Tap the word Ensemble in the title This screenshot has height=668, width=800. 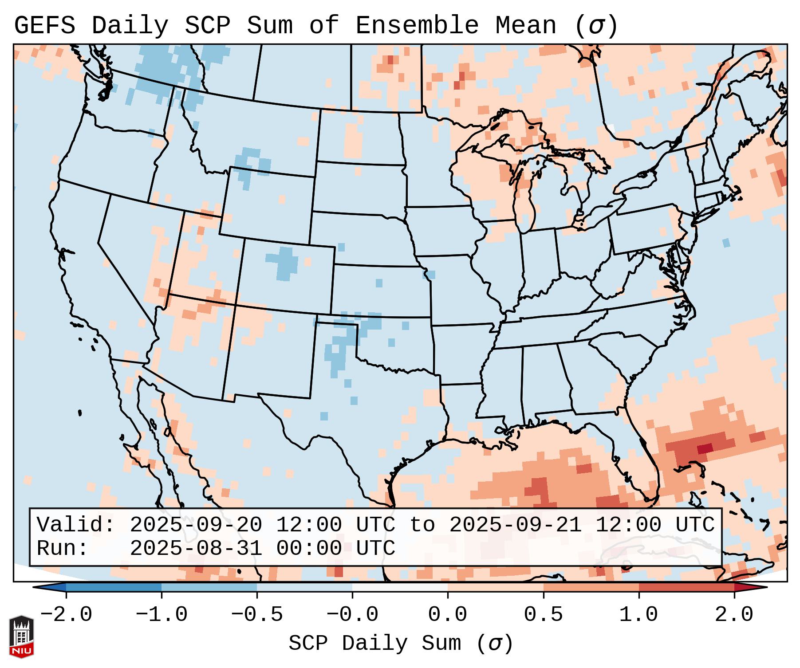coord(417,25)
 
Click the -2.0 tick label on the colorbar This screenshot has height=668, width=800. coord(66,615)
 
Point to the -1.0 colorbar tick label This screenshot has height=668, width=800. coord(162,615)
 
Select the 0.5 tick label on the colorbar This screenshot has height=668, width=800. coord(543,615)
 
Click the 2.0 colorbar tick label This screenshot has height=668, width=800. coord(734,615)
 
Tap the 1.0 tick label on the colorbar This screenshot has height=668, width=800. coord(638,615)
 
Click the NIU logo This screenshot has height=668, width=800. coord(21,637)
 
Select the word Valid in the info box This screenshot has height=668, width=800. coord(75,525)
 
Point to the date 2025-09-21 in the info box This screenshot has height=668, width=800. coord(516,525)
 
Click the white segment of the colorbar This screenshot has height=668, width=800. coord(400,587)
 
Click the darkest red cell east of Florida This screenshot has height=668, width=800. coord(705,449)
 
